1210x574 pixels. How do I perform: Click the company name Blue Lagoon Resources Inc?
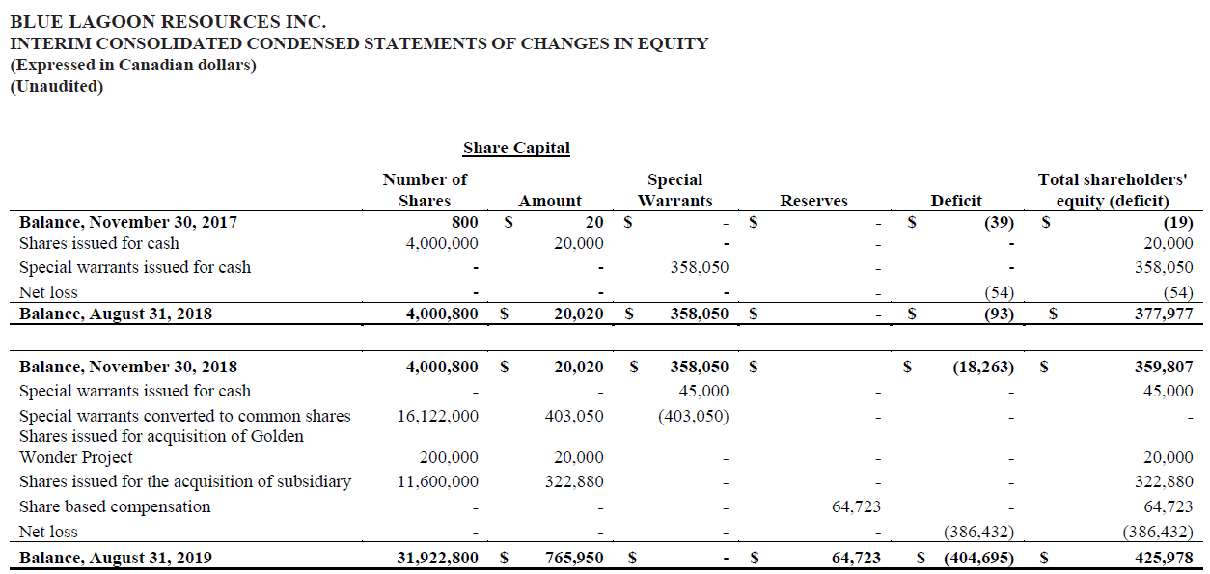168,20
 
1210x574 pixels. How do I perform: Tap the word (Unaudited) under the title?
56,86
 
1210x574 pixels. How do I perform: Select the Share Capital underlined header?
516,149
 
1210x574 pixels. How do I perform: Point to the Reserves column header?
813,201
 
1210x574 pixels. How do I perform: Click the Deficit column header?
955,201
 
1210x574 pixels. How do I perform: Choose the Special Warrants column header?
674,190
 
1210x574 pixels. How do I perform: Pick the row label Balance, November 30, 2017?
128,222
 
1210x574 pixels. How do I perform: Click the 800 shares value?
464,222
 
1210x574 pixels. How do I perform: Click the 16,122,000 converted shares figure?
437,416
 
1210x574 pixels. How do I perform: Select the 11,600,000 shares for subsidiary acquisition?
437,481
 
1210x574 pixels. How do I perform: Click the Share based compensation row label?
115,506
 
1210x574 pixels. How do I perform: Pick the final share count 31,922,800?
437,558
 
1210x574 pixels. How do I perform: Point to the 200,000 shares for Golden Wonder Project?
449,457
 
